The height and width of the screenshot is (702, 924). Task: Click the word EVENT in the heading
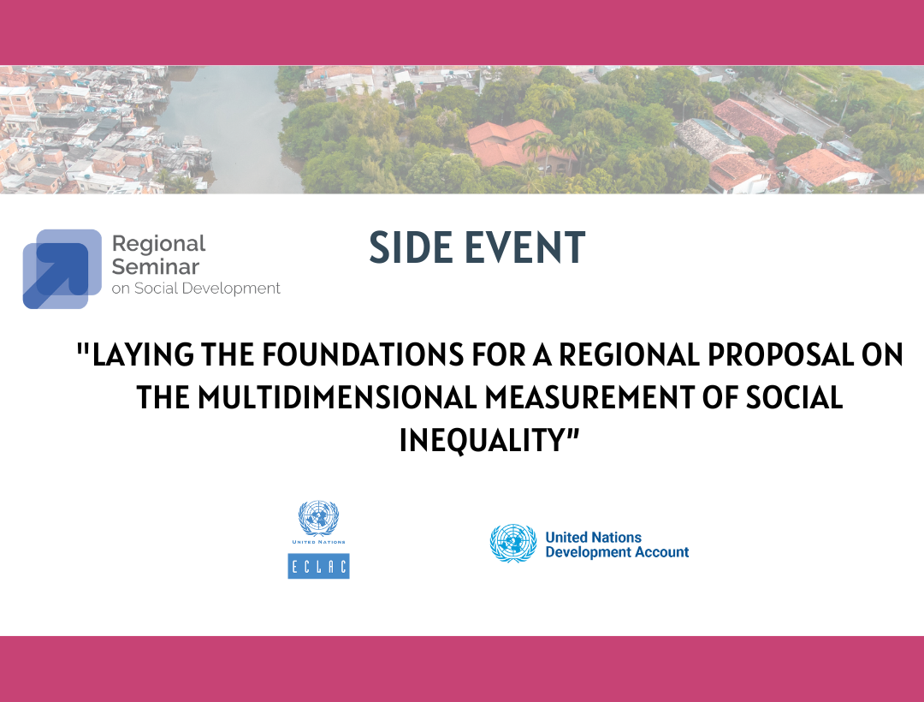point(525,247)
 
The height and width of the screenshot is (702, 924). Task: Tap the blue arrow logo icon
point(62,269)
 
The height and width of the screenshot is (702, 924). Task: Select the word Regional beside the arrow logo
point(158,243)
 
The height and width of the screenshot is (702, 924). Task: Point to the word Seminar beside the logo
point(156,266)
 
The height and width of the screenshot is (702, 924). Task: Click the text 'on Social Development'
point(196,289)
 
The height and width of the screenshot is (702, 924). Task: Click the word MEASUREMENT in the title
point(589,397)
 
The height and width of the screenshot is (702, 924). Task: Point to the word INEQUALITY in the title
point(483,440)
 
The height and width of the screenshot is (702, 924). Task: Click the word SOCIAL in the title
point(794,397)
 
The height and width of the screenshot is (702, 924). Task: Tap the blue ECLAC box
point(319,566)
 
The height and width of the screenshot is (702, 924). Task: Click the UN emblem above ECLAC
point(319,518)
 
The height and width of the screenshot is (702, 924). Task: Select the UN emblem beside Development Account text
point(513,543)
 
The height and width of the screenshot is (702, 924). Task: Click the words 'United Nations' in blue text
point(594,537)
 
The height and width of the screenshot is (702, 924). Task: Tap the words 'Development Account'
point(617,552)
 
